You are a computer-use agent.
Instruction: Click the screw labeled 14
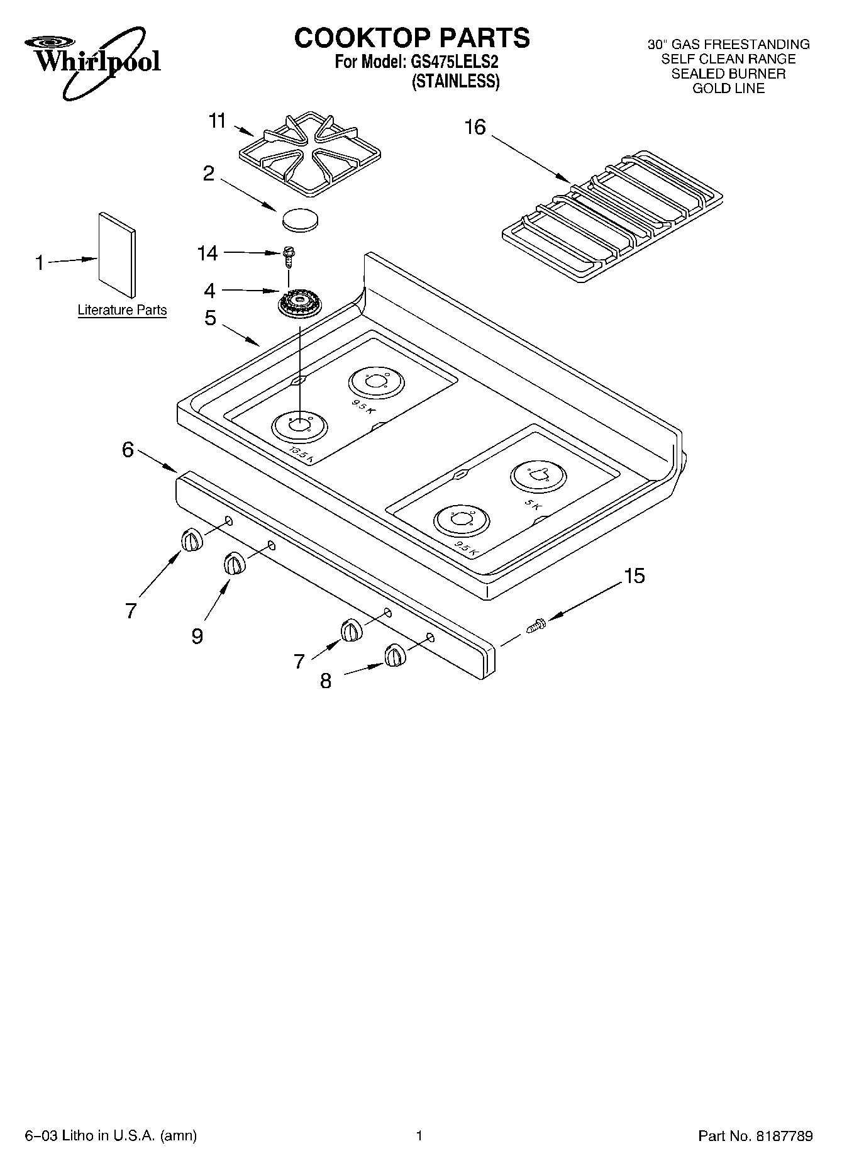click(x=289, y=254)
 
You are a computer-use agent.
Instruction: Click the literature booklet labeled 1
click(x=117, y=255)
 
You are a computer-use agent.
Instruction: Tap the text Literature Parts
click(x=122, y=310)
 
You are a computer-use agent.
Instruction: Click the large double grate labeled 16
click(x=613, y=214)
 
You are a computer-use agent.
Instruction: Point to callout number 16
click(x=475, y=128)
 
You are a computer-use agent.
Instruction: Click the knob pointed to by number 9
click(x=234, y=563)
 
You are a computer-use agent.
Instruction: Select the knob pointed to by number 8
click(x=395, y=655)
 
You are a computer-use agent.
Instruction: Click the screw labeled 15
click(x=536, y=626)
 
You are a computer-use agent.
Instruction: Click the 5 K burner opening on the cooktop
click(x=537, y=476)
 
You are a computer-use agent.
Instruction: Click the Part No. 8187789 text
click(x=755, y=1136)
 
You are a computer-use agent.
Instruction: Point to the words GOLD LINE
click(x=728, y=89)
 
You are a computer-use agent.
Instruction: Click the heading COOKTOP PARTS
click(x=412, y=38)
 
